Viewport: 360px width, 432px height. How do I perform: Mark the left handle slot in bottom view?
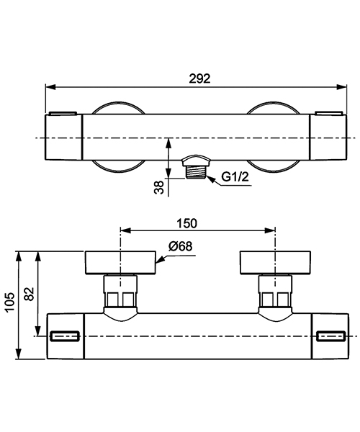pyautogui.click(x=66, y=336)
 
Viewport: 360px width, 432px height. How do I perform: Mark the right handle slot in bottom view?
pyautogui.click(x=330, y=336)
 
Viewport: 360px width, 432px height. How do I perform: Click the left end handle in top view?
pyautogui.click(x=64, y=138)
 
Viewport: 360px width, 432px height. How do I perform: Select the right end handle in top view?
pyautogui.click(x=326, y=138)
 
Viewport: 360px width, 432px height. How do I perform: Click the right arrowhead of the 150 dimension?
pyautogui.click(x=272, y=231)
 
